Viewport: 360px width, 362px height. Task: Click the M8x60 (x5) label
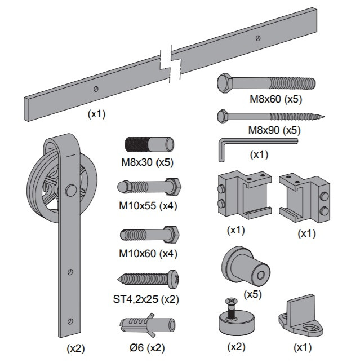click(x=276, y=100)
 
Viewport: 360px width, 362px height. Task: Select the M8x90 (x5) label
click(x=274, y=130)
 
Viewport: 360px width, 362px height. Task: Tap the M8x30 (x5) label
click(x=146, y=163)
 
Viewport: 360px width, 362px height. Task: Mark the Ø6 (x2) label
click(x=148, y=348)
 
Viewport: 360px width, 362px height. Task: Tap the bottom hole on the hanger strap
click(x=69, y=320)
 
